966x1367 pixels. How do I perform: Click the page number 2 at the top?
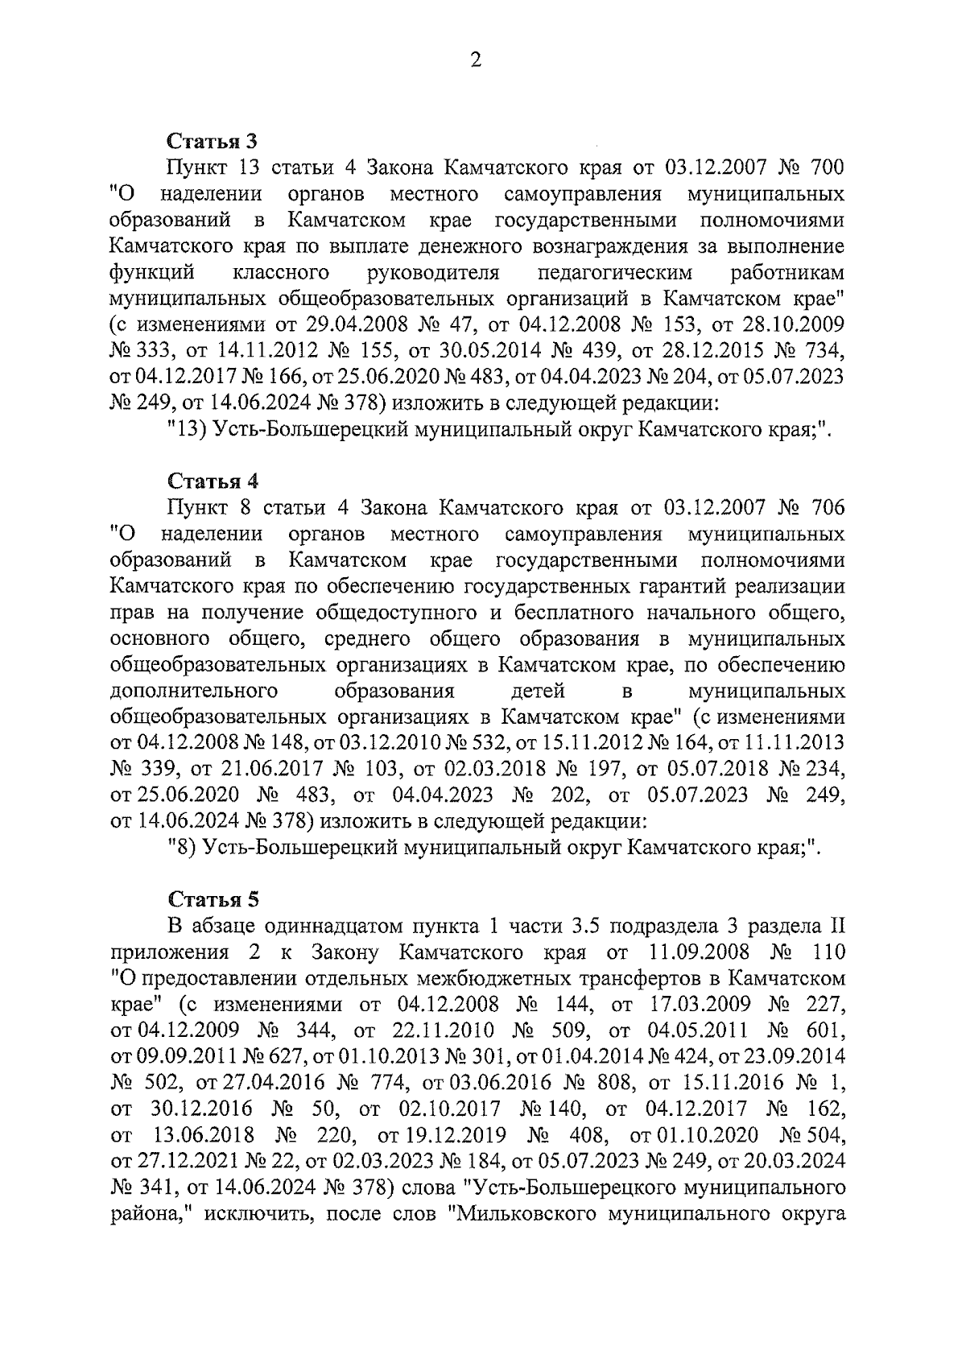(x=476, y=60)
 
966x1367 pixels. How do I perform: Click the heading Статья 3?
(x=212, y=142)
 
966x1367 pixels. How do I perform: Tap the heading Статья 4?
(x=213, y=481)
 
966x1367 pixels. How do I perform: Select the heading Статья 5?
(x=213, y=899)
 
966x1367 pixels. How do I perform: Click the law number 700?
(x=822, y=168)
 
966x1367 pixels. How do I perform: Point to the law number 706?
(x=822, y=508)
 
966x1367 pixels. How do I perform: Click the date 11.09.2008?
(x=700, y=952)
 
